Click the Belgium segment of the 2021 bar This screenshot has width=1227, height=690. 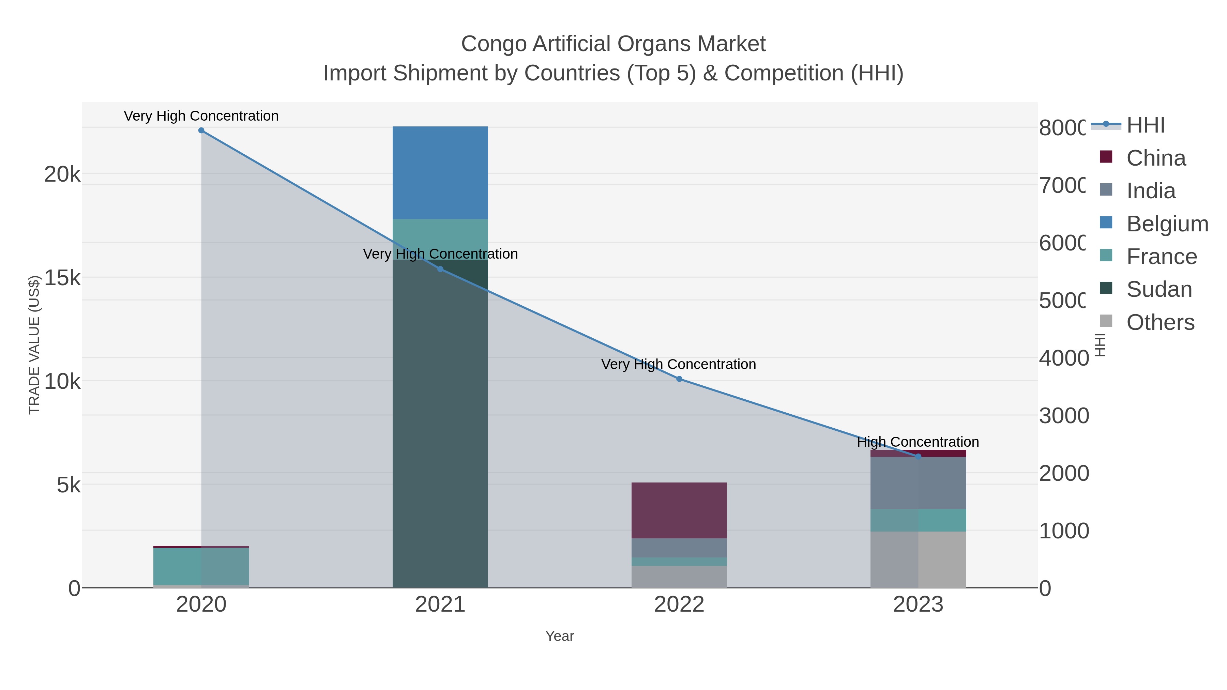[440, 172]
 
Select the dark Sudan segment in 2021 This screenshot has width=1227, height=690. [440, 429]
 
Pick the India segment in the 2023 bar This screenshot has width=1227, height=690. [918, 483]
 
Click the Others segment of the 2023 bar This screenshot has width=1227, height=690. [918, 559]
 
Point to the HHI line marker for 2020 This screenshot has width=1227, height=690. [201, 131]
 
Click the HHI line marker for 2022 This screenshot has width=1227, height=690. [679, 379]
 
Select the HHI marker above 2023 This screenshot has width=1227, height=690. [918, 456]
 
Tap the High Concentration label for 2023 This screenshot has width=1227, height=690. [918, 442]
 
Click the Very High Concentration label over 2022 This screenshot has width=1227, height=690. [678, 364]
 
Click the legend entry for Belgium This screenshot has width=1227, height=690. [1167, 224]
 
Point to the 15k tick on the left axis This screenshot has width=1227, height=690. [62, 278]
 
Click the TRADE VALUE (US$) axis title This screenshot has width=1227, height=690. [34, 345]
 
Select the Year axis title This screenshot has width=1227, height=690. [559, 636]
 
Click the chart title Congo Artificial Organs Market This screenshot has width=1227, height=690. [613, 44]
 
